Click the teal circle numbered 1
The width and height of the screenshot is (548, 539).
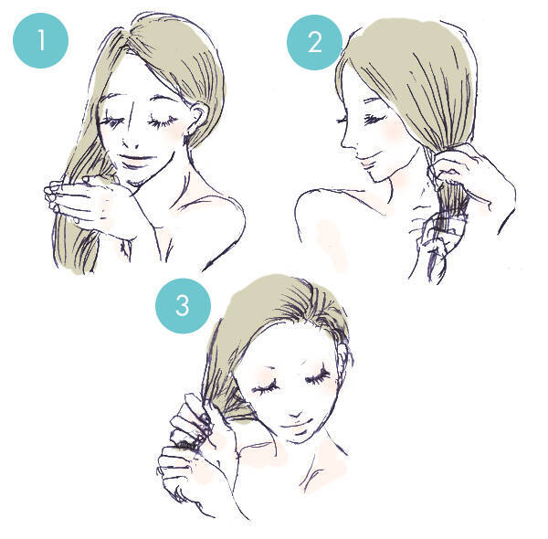tap(40, 40)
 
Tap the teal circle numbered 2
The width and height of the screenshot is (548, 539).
tap(314, 42)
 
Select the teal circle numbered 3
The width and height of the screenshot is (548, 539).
tap(184, 306)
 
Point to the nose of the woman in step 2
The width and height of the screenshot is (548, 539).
tap(346, 140)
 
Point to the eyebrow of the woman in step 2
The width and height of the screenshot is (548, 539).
tap(374, 100)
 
